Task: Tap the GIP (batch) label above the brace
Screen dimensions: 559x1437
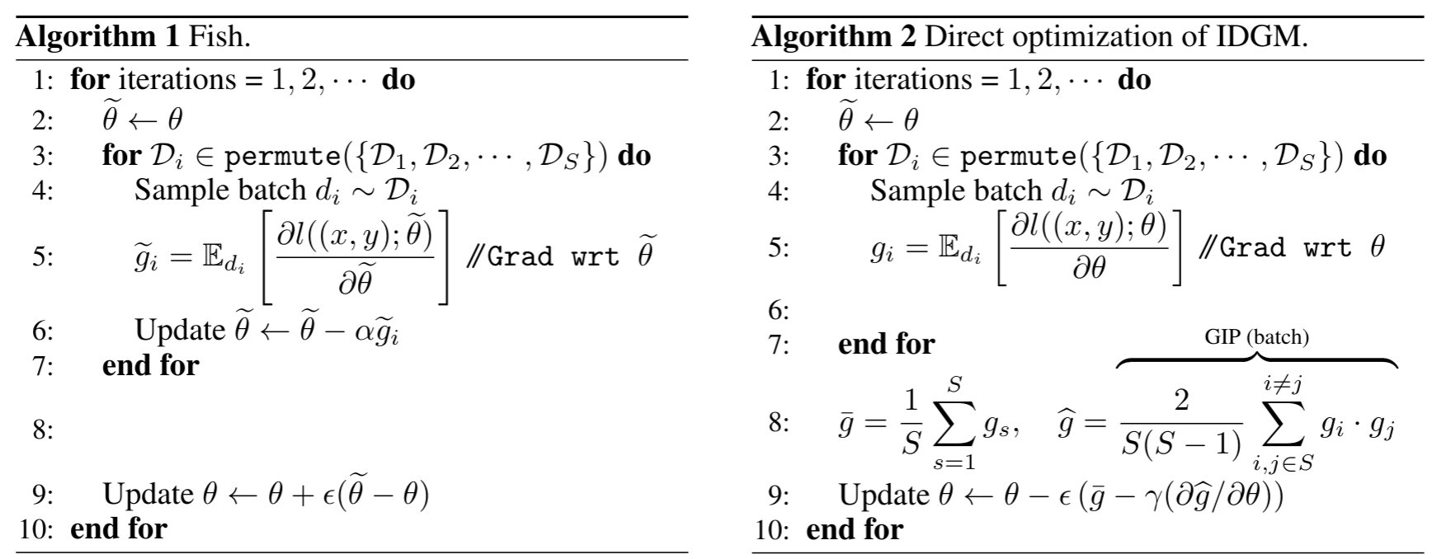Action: pyautogui.click(x=1256, y=336)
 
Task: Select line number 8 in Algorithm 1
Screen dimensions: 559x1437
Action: pyautogui.click(x=43, y=430)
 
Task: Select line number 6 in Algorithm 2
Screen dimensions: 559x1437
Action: pyautogui.click(x=778, y=310)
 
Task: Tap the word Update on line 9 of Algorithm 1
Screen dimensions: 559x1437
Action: pyautogui.click(x=147, y=493)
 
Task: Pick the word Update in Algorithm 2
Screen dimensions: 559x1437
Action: pyautogui.click(x=883, y=494)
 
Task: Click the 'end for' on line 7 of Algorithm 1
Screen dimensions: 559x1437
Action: pyautogui.click(x=150, y=364)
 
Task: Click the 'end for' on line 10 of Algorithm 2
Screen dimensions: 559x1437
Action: pyautogui.click(x=854, y=528)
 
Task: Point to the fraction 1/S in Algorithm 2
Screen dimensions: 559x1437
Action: pyautogui.click(x=911, y=423)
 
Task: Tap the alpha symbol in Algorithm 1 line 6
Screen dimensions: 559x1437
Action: pyautogui.click(x=359, y=331)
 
